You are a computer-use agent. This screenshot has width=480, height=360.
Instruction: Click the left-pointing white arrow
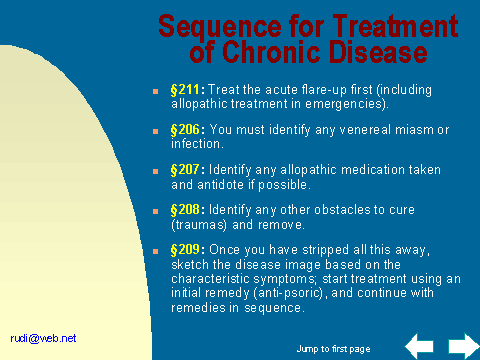[419, 346]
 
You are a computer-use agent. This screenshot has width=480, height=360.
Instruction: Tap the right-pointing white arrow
[463, 346]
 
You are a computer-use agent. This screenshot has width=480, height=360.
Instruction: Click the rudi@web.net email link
[43, 338]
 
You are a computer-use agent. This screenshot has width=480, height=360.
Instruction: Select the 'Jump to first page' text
[333, 349]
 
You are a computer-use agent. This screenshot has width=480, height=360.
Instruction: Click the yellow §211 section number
[185, 90]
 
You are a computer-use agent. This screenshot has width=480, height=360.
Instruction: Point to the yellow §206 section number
[185, 130]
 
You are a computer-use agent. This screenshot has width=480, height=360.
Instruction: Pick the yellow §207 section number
[185, 170]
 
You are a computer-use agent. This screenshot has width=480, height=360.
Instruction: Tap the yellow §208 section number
[185, 210]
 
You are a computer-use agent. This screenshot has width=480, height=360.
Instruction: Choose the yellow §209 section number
[185, 250]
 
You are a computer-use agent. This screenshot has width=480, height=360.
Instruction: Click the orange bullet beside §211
[155, 91]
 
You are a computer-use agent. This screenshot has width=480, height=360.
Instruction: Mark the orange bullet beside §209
[155, 251]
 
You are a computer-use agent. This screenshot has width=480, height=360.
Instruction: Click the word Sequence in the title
[220, 27]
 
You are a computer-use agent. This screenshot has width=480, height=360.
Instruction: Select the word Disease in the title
[378, 52]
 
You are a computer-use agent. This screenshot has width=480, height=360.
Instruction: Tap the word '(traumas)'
[199, 225]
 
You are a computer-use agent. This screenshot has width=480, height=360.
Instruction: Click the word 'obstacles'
[342, 210]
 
